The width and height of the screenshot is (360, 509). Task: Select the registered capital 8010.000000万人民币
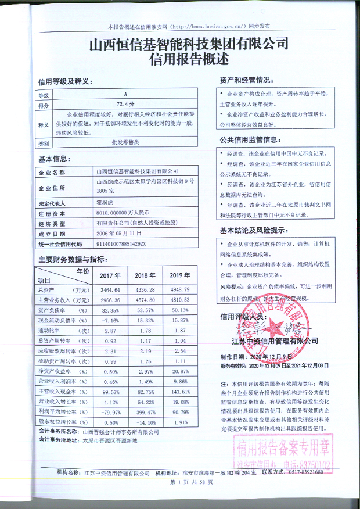tap(123, 214)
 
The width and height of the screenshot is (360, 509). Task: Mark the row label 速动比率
tap(62, 331)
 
